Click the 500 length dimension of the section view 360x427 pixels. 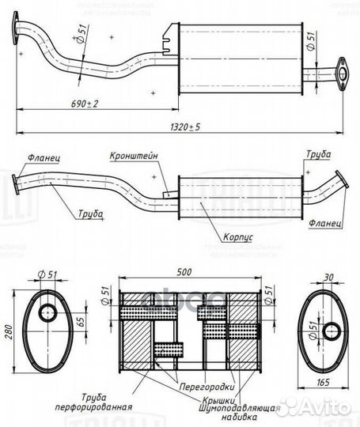185,272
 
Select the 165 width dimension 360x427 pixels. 324,384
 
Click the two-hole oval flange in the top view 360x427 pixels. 342,70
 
